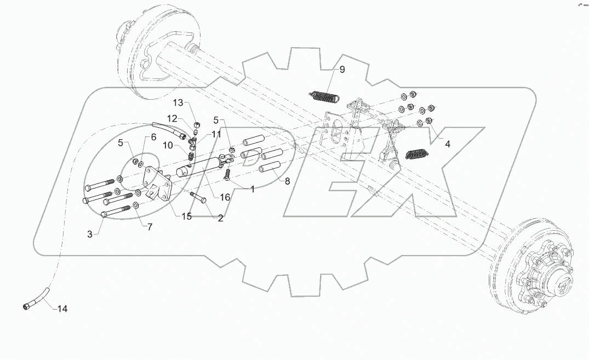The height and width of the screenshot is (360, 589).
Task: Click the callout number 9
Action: (x=342, y=69)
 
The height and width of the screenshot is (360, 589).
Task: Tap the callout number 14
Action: (x=62, y=309)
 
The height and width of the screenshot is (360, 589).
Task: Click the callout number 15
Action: (x=187, y=216)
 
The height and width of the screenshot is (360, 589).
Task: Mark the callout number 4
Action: (x=448, y=145)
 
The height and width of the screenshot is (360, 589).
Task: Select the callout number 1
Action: (x=253, y=189)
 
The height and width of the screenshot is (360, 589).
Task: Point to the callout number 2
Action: (x=220, y=218)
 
